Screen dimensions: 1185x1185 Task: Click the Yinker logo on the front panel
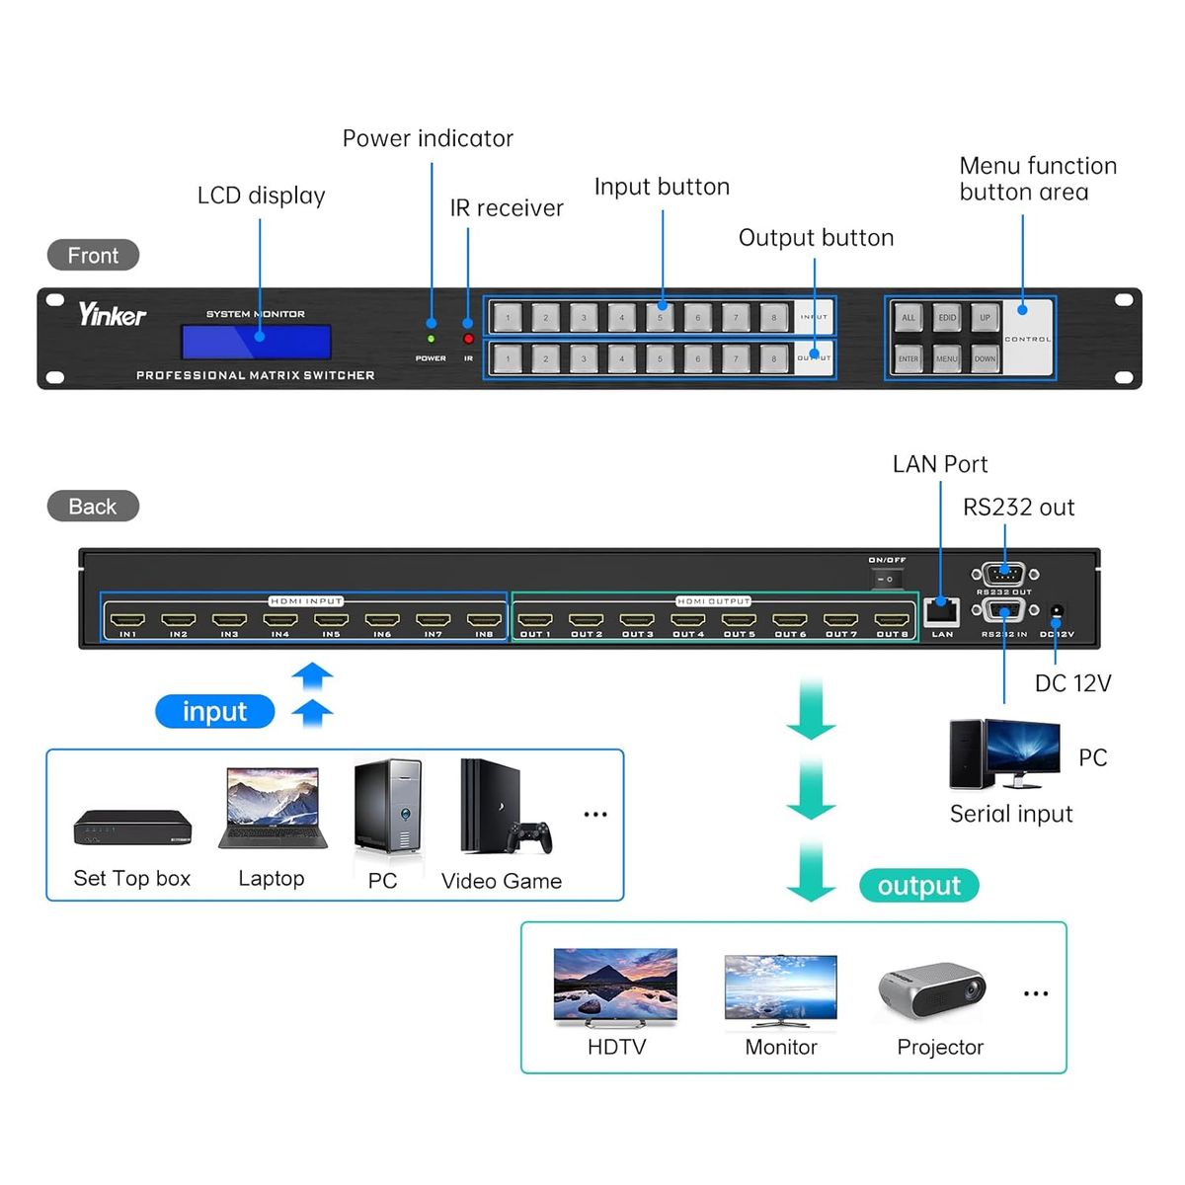tap(112, 315)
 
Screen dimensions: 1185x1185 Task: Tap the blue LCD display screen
tap(256, 342)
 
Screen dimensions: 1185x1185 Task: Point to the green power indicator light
tap(431, 339)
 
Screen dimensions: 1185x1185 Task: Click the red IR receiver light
tap(468, 339)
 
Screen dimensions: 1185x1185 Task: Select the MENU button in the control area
tap(946, 358)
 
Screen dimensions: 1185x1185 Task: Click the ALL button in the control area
tap(908, 317)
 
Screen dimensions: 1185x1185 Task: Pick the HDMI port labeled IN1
tap(127, 621)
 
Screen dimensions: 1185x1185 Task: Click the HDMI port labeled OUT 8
tap(892, 621)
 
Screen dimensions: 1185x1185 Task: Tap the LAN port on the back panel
tap(941, 612)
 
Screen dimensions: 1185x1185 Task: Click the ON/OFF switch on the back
tap(887, 579)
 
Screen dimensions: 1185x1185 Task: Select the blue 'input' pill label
tap(214, 711)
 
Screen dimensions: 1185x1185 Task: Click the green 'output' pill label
tap(918, 886)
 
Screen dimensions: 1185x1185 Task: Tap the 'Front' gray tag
tap(93, 255)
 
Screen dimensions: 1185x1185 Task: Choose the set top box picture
tap(132, 828)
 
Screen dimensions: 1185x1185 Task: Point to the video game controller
tap(529, 837)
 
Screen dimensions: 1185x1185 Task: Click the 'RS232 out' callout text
tap(1018, 508)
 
